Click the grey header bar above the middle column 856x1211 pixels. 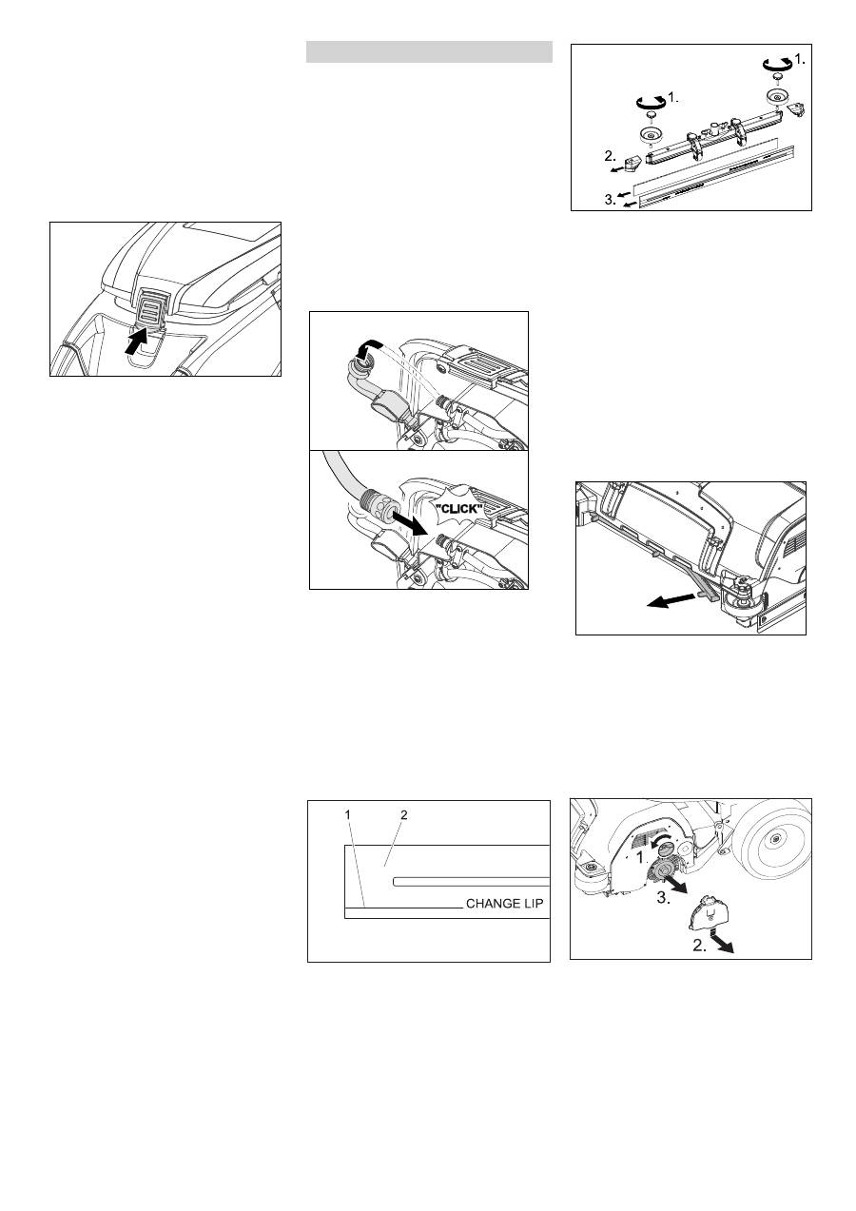pyautogui.click(x=429, y=52)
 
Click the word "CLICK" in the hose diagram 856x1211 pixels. pyautogui.click(x=458, y=509)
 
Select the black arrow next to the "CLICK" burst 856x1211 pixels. pyautogui.click(x=409, y=523)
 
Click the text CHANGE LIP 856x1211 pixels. pyautogui.click(x=504, y=904)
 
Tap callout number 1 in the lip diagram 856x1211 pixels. pyautogui.click(x=348, y=814)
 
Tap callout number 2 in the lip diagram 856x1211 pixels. pyautogui.click(x=404, y=814)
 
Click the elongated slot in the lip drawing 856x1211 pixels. pyautogui.click(x=471, y=882)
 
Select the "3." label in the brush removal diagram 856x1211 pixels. pyautogui.click(x=664, y=898)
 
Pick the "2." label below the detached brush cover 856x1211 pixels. pyautogui.click(x=700, y=946)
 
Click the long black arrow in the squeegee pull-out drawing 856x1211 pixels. pyautogui.click(x=671, y=600)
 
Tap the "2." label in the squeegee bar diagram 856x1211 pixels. pyautogui.click(x=611, y=156)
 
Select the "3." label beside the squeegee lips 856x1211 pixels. pyautogui.click(x=611, y=200)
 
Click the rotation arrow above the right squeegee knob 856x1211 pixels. pyautogui.click(x=777, y=64)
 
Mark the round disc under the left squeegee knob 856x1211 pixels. pyautogui.click(x=651, y=135)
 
